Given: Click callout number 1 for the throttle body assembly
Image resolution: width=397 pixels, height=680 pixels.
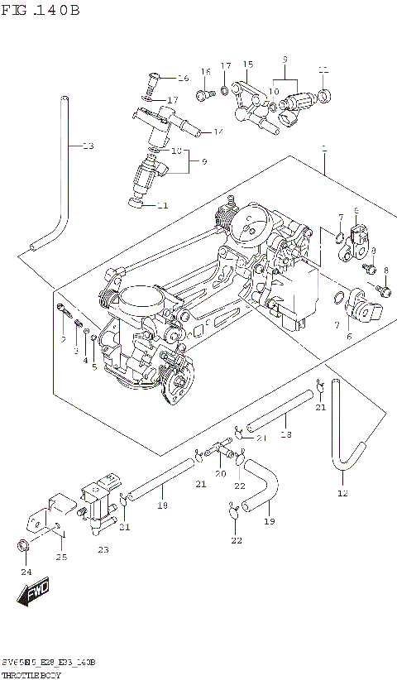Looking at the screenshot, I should tap(324, 150).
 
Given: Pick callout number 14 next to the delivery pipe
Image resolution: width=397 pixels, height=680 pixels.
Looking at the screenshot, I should tap(218, 132).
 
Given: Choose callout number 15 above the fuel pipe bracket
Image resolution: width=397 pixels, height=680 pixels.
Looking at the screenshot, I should tap(247, 64).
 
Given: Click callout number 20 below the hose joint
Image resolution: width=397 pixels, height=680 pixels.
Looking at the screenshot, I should tap(220, 474).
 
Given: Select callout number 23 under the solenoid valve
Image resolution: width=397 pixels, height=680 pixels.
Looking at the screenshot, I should tap(103, 549).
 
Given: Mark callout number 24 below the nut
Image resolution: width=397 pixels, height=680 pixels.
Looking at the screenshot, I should tap(26, 572).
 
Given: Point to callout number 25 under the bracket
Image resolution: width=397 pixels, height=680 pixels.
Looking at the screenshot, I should tap(61, 557).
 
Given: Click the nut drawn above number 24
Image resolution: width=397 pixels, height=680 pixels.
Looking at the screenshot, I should tap(24, 545).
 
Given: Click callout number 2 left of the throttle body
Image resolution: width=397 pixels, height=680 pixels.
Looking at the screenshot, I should tap(63, 339).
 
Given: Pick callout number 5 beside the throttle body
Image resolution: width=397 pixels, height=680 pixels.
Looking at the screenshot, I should tap(94, 366).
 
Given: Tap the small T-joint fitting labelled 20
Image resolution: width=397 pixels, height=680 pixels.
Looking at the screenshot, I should tap(220, 449).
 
